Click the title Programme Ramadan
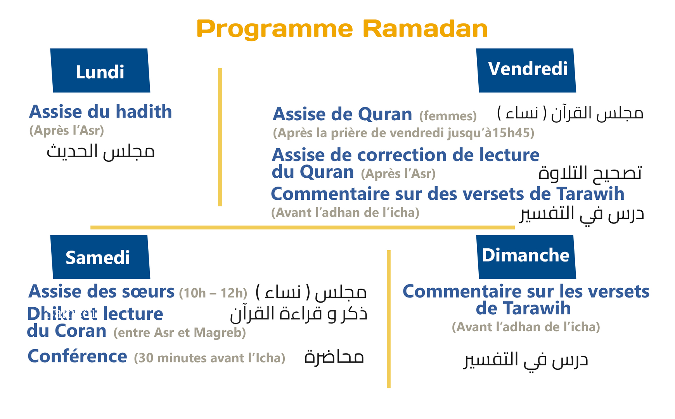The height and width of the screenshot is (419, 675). tap(342, 29)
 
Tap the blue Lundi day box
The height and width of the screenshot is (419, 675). tap(100, 71)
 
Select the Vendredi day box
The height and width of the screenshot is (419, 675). tap(527, 70)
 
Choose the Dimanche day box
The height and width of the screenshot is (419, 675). tap(526, 256)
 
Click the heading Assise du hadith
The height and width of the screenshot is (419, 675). tap(100, 112)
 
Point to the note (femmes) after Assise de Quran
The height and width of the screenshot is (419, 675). tap(448, 116)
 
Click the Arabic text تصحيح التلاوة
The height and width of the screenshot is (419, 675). tap(590, 173)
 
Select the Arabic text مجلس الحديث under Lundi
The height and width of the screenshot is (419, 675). tap(100, 151)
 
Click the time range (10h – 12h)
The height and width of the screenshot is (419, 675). tap(213, 293)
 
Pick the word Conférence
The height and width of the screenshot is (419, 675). tap(77, 356)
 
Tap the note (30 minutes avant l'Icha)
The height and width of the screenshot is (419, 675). tap(209, 358)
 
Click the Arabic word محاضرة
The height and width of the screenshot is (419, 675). tap(334, 357)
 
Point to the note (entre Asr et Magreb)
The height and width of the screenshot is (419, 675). tap(180, 332)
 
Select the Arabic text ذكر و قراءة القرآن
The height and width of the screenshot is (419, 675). tap(298, 313)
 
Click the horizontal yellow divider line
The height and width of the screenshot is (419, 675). tap(303, 227)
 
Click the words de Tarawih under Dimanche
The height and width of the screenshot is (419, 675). tap(523, 308)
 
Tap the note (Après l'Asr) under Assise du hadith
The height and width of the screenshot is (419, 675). tap(67, 130)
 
